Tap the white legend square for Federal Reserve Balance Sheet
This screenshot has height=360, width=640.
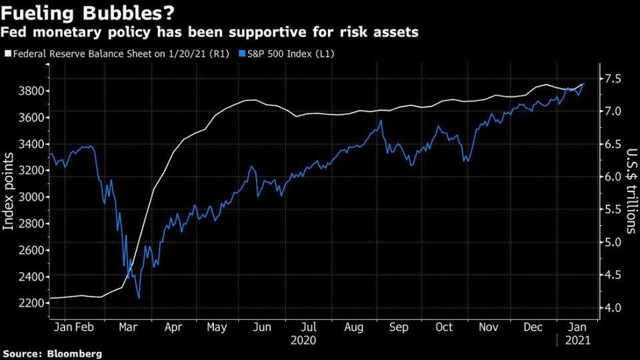(7, 53)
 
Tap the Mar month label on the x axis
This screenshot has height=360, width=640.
(129, 327)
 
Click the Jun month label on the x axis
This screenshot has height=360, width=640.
(262, 327)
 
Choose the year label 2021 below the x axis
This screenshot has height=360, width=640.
(576, 340)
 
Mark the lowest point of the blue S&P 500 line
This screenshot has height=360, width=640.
(139, 297)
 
